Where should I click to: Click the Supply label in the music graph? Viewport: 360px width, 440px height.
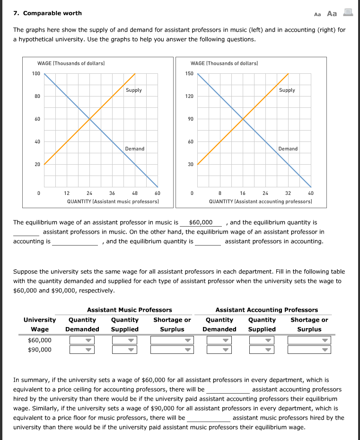133,90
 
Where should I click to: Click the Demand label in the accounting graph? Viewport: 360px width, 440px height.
288,149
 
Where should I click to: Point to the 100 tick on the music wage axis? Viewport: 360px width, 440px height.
36,73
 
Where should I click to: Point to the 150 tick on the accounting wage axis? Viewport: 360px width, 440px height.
189,73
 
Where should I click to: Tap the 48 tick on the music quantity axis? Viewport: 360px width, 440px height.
135,193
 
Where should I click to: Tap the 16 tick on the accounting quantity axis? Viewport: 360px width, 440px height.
243,193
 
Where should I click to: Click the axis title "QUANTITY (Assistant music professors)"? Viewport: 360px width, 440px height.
113,201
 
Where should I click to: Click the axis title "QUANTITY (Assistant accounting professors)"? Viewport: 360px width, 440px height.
260,201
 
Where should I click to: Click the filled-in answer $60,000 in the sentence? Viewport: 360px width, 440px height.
201,222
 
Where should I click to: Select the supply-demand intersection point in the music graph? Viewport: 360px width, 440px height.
89,119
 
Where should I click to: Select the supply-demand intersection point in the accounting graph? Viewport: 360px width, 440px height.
243,119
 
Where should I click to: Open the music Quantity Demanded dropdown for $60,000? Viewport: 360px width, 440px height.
82,340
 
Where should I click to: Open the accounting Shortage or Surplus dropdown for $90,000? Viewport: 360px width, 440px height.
309,350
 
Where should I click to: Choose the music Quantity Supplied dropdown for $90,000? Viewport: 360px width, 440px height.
124,350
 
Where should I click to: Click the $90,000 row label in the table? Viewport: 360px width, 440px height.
40,350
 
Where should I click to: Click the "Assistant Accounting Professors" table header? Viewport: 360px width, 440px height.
266,310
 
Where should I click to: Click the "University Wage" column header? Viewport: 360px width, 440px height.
40,325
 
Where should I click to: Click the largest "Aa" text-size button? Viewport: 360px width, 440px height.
332,14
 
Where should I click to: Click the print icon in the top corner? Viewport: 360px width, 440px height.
348,13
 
